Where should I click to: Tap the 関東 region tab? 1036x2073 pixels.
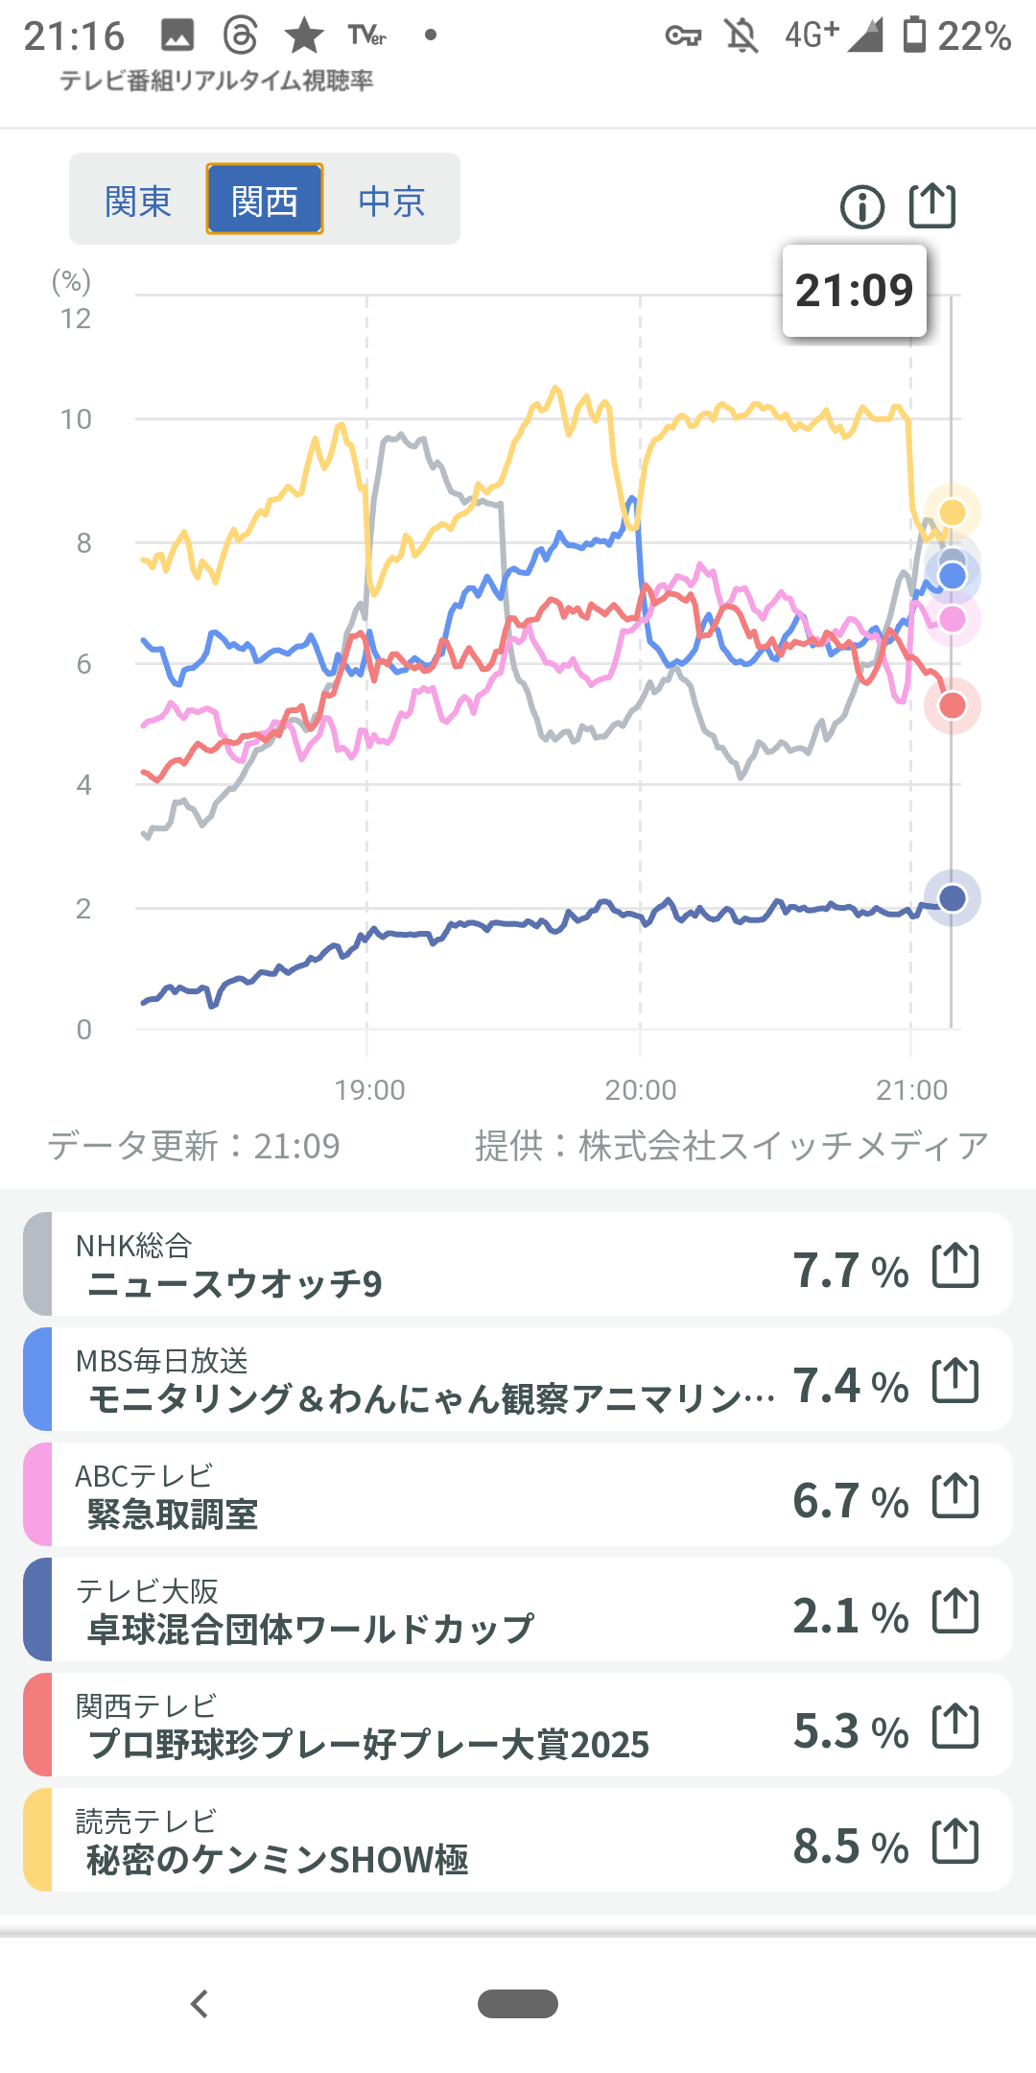point(138,202)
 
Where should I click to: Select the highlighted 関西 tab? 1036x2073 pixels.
point(265,201)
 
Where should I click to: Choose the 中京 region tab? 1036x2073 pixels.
point(391,202)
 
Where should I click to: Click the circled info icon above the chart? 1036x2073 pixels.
point(862,206)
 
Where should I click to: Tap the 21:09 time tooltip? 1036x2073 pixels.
point(854,291)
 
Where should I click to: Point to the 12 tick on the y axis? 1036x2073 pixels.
point(76,319)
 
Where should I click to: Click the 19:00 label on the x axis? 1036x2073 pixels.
point(369,1090)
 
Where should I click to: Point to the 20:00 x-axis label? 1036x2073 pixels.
point(641,1090)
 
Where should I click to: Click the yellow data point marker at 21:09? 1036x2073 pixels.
point(953,512)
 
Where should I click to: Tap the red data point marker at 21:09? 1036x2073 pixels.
point(953,706)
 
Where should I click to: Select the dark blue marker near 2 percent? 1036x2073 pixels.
point(953,898)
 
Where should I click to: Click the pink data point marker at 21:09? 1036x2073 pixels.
point(953,620)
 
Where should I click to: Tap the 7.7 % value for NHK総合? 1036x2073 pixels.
point(850,1271)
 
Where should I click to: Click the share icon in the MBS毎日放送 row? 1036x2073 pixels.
point(955,1381)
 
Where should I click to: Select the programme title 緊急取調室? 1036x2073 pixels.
point(173,1514)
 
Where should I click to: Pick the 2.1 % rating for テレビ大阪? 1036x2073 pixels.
point(850,1616)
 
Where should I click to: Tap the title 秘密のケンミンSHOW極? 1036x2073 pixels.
point(278,1860)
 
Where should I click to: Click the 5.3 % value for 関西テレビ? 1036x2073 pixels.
point(850,1731)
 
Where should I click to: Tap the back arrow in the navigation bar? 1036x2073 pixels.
point(200,2004)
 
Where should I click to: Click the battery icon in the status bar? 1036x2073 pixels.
point(915,36)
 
